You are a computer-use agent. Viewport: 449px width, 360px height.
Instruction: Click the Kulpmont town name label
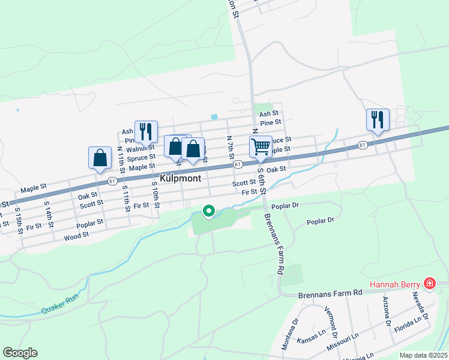coord(180,179)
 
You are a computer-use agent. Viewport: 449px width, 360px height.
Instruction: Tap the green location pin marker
coord(209,211)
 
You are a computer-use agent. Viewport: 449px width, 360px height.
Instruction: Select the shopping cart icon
coord(261,146)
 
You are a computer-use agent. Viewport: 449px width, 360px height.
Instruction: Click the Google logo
coord(20,353)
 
